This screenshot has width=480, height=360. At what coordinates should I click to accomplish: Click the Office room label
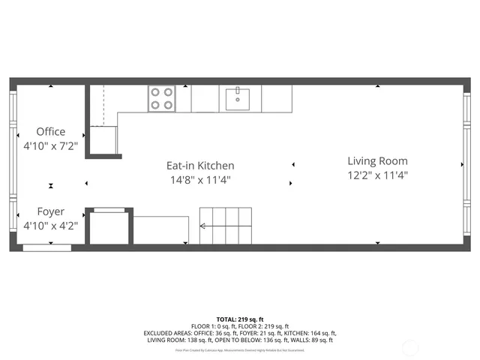tap(51, 132)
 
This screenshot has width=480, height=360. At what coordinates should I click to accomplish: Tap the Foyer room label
tap(51, 212)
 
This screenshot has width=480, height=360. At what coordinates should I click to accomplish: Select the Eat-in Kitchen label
tap(200, 166)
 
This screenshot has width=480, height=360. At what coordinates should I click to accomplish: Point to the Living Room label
tap(377, 161)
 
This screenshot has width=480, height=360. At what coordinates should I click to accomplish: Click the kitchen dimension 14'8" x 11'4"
tap(200, 180)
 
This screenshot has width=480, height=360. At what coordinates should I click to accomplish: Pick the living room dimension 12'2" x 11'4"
tap(377, 175)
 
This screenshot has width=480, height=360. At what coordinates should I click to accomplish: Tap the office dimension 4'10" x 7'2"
tap(51, 146)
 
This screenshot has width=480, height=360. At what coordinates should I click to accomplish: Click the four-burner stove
tap(162, 98)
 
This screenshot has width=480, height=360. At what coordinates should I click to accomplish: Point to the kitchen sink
tap(238, 97)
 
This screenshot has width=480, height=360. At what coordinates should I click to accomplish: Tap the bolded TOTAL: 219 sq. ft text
tap(240, 319)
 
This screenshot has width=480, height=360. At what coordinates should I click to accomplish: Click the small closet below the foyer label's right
tap(109, 228)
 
